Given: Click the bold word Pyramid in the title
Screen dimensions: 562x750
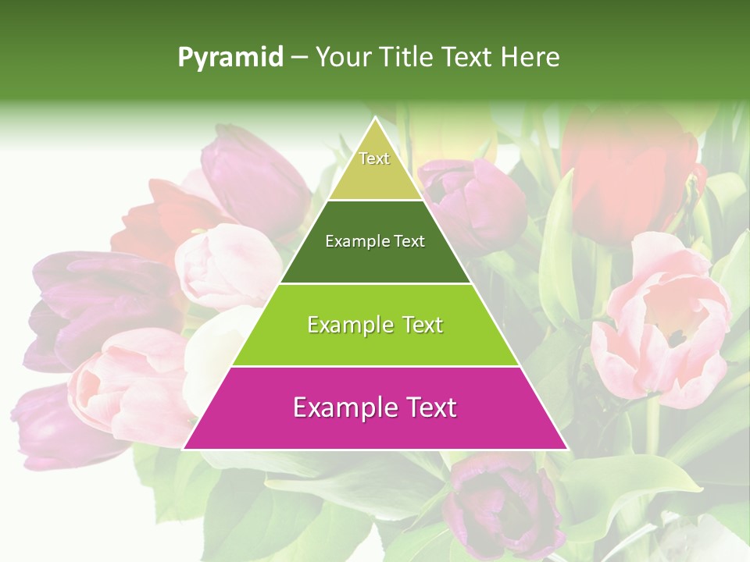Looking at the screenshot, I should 230,57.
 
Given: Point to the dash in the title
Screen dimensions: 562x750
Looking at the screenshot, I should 298,58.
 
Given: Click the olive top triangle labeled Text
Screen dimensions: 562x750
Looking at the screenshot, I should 375,168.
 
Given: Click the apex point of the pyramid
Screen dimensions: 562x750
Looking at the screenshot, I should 375,117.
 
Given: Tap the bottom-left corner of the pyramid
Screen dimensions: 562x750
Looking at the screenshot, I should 184,449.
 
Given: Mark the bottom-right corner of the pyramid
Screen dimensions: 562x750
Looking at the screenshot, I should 566,449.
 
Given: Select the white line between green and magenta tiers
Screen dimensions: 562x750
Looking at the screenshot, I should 375,366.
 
